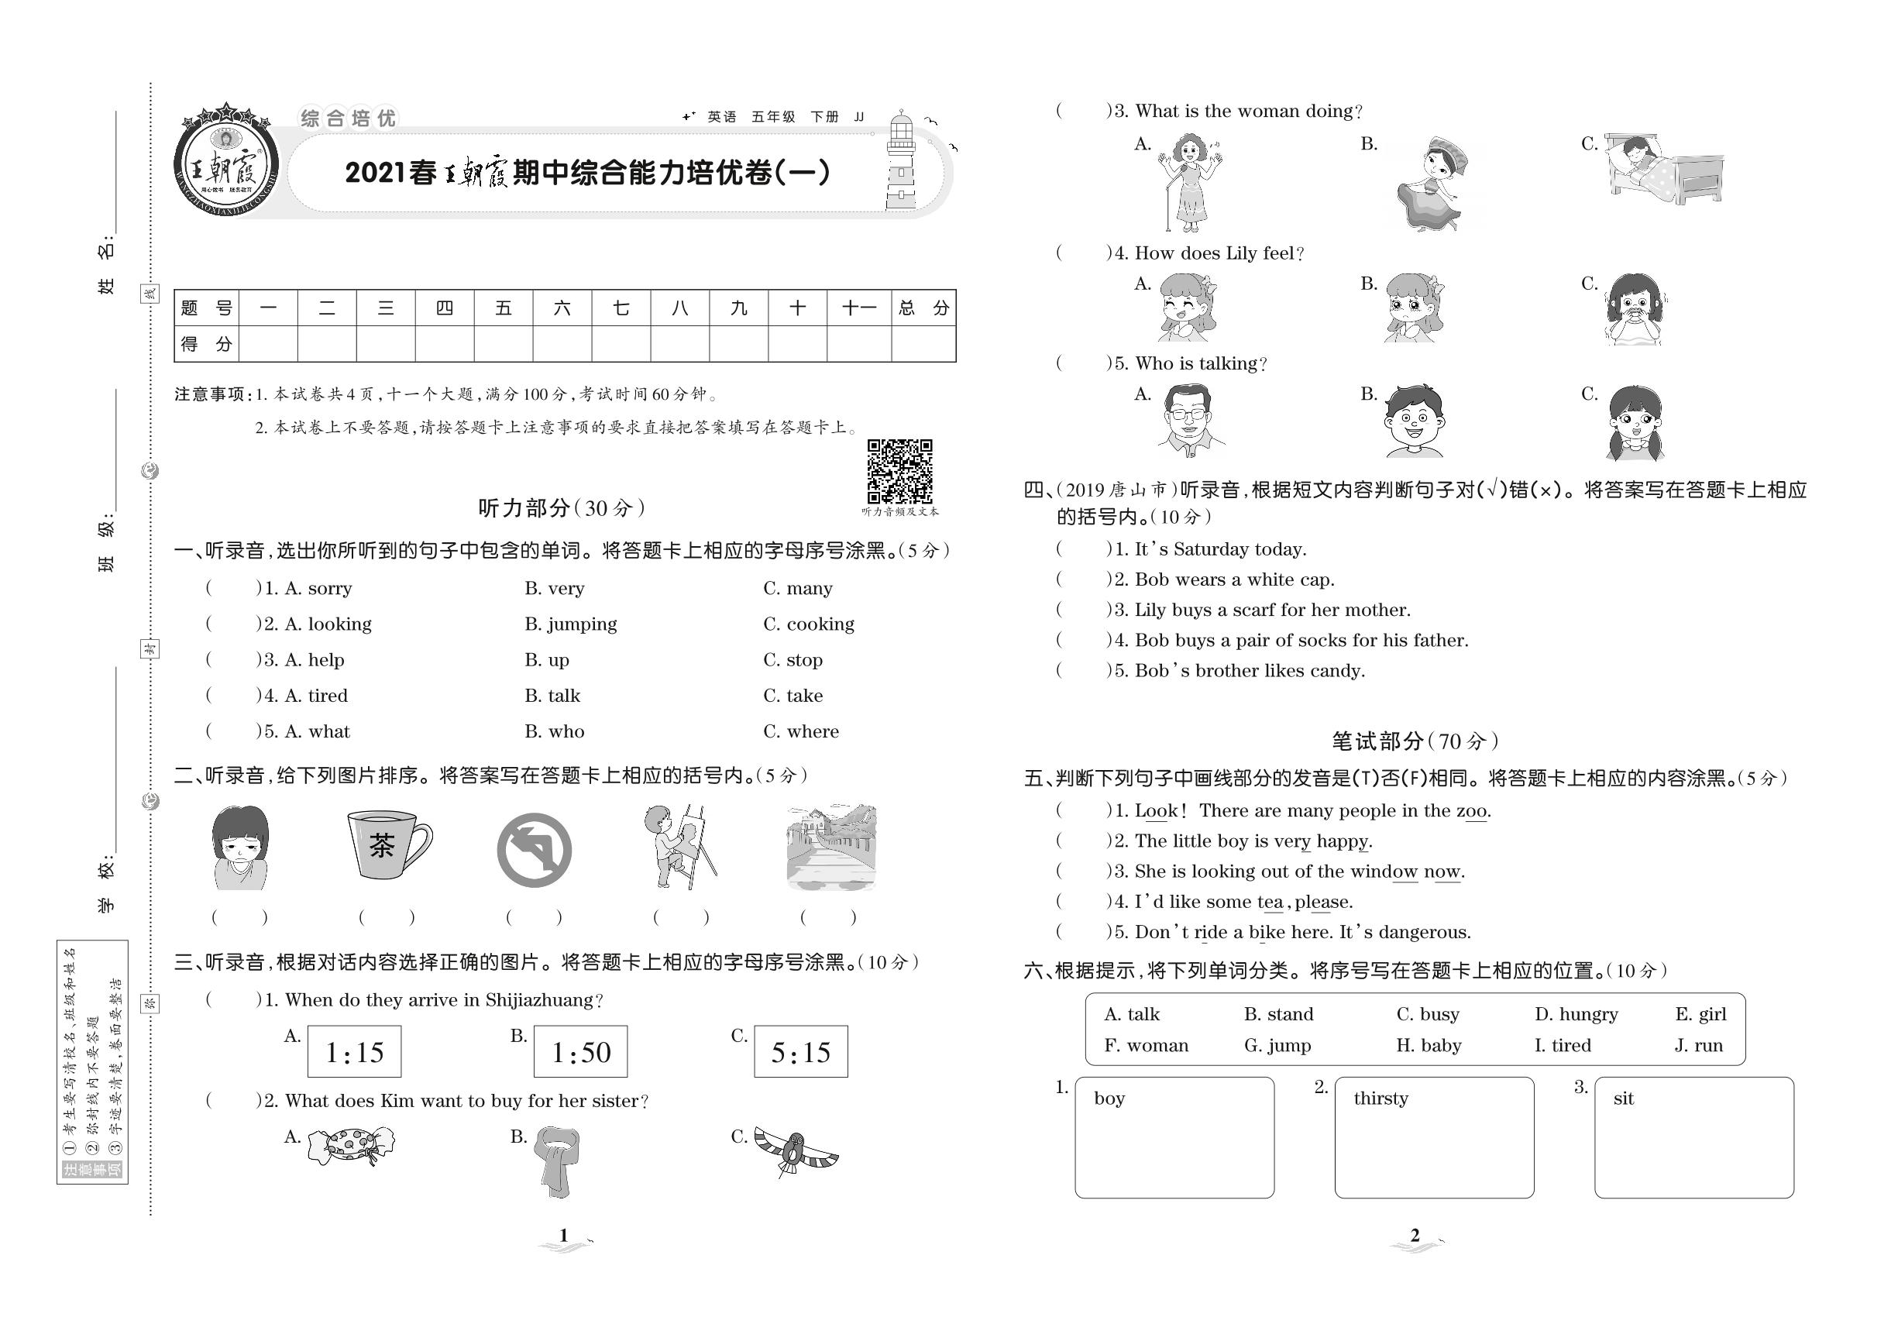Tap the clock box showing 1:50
(580, 1051)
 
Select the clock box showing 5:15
(799, 1051)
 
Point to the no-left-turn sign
(534, 850)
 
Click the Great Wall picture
(831, 846)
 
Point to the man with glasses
(1188, 421)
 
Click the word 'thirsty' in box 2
(1381, 1099)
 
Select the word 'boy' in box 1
(1109, 1099)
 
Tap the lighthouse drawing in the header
(901, 162)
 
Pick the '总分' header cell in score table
(923, 308)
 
